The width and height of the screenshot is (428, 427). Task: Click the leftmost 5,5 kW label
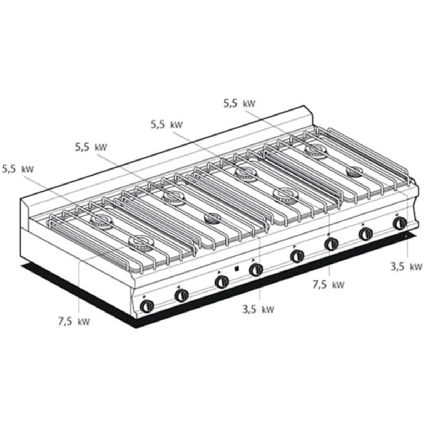pyautogui.click(x=18, y=169)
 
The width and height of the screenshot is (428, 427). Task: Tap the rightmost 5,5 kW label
pyautogui.click(x=239, y=103)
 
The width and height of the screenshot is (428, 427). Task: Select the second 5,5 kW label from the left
pyautogui.click(x=91, y=147)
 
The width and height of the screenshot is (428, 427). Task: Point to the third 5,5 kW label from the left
pyautogui.click(x=166, y=125)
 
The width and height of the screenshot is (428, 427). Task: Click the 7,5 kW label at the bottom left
pyautogui.click(x=74, y=321)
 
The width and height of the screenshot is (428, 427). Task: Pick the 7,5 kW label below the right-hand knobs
pyautogui.click(x=329, y=284)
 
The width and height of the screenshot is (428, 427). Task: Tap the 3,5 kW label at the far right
pyautogui.click(x=406, y=266)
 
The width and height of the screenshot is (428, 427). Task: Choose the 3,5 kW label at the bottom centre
pyautogui.click(x=258, y=309)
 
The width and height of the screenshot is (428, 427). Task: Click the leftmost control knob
pyautogui.click(x=147, y=306)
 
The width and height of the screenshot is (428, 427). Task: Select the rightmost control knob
pyautogui.click(x=399, y=224)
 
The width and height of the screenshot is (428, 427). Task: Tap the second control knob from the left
pyautogui.click(x=181, y=295)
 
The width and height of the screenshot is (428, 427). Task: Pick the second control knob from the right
pyautogui.click(x=365, y=234)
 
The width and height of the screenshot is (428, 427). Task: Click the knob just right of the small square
pyautogui.click(x=256, y=269)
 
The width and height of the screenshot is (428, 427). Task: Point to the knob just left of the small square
pyautogui.click(x=222, y=282)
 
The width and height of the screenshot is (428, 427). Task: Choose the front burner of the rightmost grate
pyautogui.click(x=355, y=171)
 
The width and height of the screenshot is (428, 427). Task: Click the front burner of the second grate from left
pyautogui.click(x=213, y=218)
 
